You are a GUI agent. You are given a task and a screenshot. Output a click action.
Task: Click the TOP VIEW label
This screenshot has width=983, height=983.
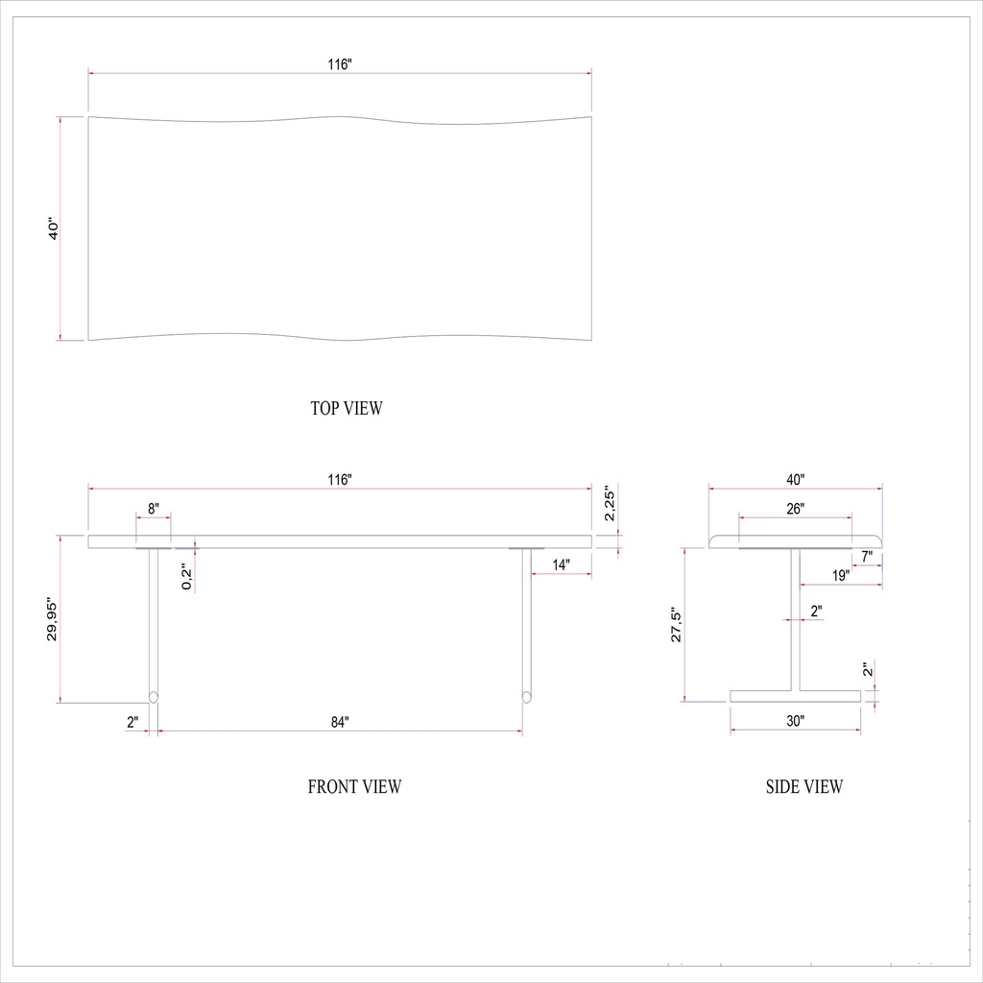coord(346,408)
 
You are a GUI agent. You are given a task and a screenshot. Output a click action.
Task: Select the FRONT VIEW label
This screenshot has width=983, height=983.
coord(354,787)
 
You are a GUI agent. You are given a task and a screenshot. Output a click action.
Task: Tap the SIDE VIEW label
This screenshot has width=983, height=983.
coord(804,787)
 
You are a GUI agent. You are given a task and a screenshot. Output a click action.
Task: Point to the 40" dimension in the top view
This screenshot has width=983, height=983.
coord(54,229)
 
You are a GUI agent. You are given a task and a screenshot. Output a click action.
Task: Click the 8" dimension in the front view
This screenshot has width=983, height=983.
coord(154,507)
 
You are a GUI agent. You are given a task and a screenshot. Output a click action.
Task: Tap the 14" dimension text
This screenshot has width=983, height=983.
coord(561,565)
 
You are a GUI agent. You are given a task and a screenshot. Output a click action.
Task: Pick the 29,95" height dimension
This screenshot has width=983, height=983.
coord(53,620)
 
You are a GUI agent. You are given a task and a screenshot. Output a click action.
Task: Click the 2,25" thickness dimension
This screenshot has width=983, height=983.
coord(609,503)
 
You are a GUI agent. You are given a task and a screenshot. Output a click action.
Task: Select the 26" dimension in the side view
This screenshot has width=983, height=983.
coord(795,508)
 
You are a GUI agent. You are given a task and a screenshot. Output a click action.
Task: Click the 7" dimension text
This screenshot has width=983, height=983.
coord(866,556)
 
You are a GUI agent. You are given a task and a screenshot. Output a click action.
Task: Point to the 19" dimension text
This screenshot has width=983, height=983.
coord(840,575)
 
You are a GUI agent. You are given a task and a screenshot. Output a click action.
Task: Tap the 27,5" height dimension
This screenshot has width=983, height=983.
coord(676,625)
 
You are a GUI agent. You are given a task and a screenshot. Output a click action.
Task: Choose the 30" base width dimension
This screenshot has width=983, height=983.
coord(795,720)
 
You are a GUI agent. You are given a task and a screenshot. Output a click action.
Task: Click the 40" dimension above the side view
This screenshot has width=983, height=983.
coord(795,479)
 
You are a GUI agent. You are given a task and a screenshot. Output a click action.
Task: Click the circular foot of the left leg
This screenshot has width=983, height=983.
coord(153,696)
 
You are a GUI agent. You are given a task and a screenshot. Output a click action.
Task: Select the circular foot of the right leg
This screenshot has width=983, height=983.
coord(526,696)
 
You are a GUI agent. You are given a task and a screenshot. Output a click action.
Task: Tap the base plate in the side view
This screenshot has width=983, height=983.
coord(795,696)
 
